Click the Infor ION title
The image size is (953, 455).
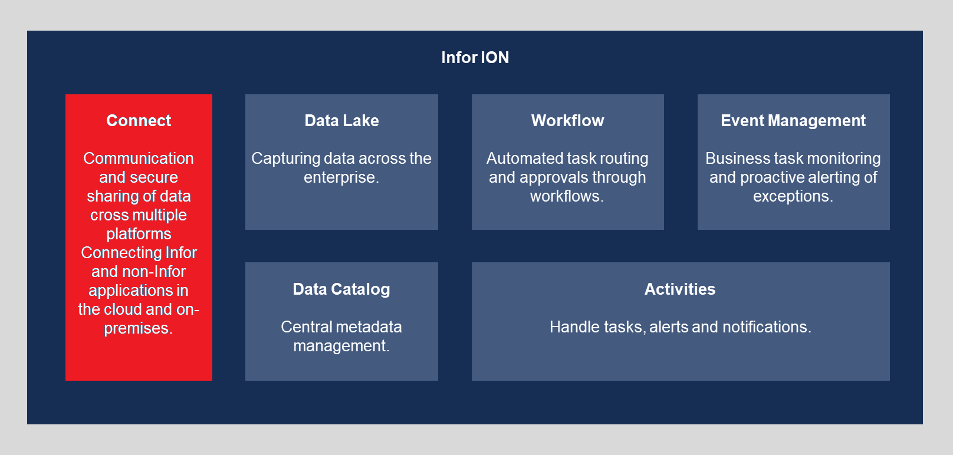click(475, 57)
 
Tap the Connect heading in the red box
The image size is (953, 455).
click(139, 120)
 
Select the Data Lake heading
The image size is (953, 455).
click(341, 120)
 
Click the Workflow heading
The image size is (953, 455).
click(567, 120)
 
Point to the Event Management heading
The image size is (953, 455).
click(793, 120)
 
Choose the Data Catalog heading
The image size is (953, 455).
click(341, 289)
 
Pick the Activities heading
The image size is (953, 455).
click(680, 289)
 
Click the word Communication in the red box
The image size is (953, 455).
click(139, 158)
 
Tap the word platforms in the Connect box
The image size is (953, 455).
click(139, 235)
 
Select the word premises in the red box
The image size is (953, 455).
click(137, 329)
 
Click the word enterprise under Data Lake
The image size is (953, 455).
click(340, 177)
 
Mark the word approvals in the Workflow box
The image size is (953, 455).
click(552, 178)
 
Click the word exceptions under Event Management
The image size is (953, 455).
click(791, 196)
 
